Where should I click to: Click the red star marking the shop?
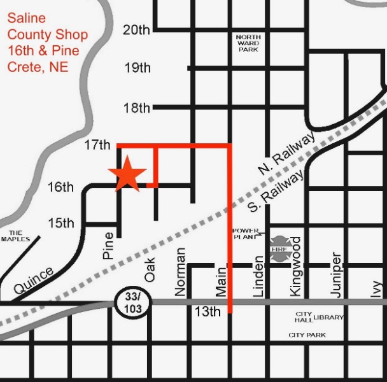coord(128,174)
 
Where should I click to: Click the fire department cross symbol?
coord(279,249)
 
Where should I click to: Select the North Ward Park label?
coord(248,43)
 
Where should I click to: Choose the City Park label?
coord(307,335)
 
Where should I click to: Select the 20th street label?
coord(136,29)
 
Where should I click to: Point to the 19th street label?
coord(137,67)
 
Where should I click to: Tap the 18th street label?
coord(136,107)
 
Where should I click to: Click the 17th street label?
coord(97,145)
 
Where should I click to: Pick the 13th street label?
coord(207,311)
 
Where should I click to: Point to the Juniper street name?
coord(336,274)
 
